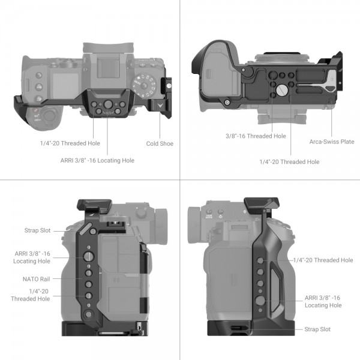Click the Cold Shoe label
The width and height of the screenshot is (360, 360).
point(160,143)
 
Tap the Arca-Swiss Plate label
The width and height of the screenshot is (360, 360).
point(332,142)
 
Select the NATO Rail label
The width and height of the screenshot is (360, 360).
point(36,279)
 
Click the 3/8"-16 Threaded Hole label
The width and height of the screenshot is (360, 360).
point(256,136)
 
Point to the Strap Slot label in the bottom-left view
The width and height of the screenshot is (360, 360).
point(37,230)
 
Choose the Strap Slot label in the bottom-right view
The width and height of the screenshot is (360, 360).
point(317,329)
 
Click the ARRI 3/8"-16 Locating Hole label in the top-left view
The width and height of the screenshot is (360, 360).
point(97,160)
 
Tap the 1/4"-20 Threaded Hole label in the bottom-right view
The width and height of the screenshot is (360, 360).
point(323,260)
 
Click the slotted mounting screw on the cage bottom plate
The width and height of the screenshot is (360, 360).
point(282,90)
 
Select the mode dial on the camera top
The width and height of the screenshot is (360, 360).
point(144,85)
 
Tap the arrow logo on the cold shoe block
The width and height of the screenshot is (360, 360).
point(160,106)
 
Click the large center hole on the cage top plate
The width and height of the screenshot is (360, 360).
point(108,104)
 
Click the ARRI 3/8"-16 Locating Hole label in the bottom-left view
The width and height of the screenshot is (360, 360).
point(32,257)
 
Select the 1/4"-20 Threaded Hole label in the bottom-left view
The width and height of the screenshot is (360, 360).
point(31,295)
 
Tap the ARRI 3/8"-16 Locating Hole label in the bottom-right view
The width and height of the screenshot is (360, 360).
point(323,301)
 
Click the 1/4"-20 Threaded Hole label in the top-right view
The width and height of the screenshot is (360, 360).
point(289,162)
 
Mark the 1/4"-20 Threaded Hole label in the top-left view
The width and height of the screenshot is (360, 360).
point(70,143)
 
